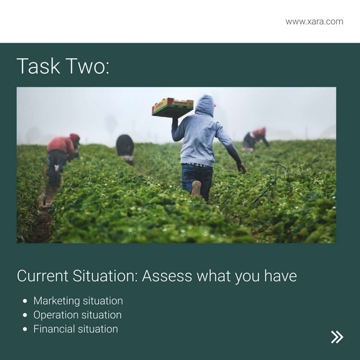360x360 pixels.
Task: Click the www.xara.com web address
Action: coord(314,21)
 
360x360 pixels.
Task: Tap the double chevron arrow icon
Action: coord(337,337)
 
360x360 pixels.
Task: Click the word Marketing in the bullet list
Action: coord(55,301)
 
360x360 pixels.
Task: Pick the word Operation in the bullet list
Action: coord(55,315)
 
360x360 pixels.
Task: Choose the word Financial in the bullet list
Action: coord(54,329)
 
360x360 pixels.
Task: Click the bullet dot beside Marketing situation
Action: coord(25,301)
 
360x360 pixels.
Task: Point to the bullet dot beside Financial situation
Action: coord(25,329)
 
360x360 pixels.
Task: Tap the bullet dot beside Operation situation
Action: coord(25,315)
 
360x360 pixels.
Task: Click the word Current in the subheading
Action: coord(37,276)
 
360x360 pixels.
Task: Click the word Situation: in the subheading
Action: coord(100,276)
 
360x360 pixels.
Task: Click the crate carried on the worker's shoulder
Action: coord(172,107)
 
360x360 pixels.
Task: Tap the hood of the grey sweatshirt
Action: coord(204,105)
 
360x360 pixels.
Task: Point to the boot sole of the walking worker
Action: coord(197,188)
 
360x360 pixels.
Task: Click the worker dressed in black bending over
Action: coord(125,147)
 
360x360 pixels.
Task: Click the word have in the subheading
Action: coord(280,276)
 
